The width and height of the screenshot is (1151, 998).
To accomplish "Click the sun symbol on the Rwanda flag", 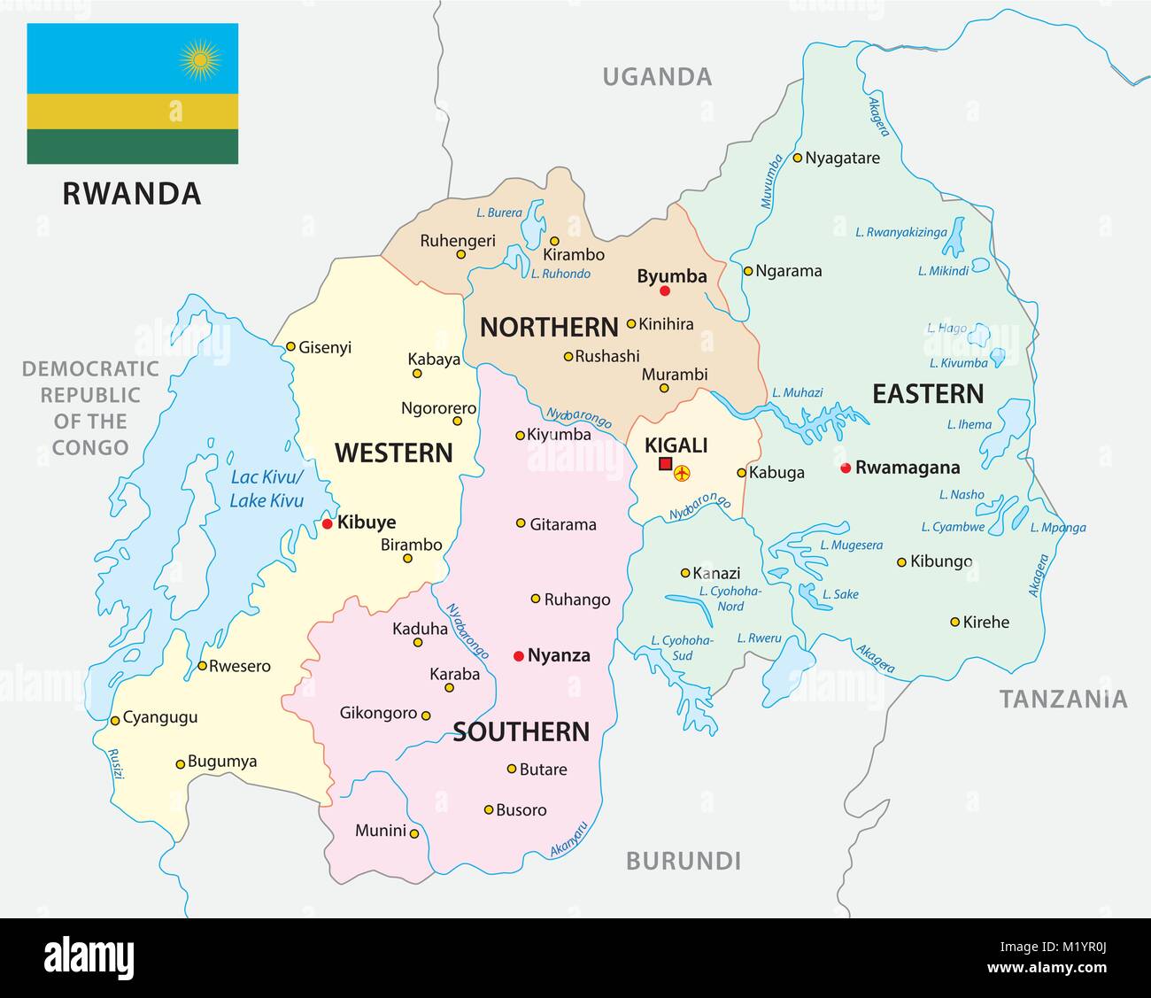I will click(x=199, y=59).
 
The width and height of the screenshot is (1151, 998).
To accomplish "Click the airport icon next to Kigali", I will click(x=683, y=474).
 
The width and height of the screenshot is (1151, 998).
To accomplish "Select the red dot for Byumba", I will click(x=665, y=291).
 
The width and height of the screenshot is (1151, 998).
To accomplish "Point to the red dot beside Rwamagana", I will click(x=846, y=468).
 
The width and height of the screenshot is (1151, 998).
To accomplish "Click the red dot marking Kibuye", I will click(x=327, y=523).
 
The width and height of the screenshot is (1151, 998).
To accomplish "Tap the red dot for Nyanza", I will click(x=518, y=656).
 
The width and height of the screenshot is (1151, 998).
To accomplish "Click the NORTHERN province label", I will click(x=549, y=328).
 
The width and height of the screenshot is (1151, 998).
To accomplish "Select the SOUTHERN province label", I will click(x=521, y=731).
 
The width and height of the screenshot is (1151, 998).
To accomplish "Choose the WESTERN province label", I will click(x=393, y=453).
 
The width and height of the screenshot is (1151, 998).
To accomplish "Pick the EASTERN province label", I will click(x=928, y=394).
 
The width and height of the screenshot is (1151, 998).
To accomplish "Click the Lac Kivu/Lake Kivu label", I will click(x=267, y=489).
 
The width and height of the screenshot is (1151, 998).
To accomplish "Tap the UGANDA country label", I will click(x=657, y=77).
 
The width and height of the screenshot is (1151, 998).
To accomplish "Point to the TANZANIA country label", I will click(x=1063, y=700).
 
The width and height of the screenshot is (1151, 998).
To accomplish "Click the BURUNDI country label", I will click(x=683, y=860).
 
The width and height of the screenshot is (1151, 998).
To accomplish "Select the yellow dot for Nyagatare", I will click(x=797, y=159).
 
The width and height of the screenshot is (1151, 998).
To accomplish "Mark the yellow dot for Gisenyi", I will click(x=290, y=347).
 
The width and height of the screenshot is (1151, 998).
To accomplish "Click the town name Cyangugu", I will click(x=160, y=717).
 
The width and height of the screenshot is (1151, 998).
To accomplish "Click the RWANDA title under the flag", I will click(x=132, y=193).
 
